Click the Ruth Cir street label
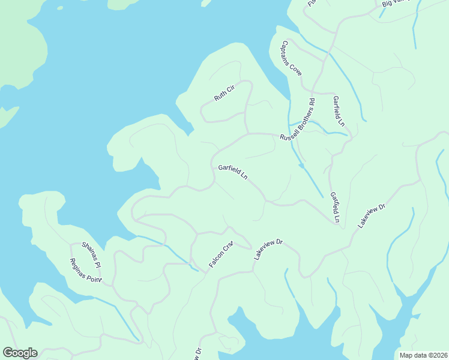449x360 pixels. point(223,93)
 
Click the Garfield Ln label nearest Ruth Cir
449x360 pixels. point(233,172)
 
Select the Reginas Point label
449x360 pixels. point(86,269)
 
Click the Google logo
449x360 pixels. point(20,353)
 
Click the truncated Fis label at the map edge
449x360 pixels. point(312,3)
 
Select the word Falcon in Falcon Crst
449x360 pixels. point(215,259)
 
